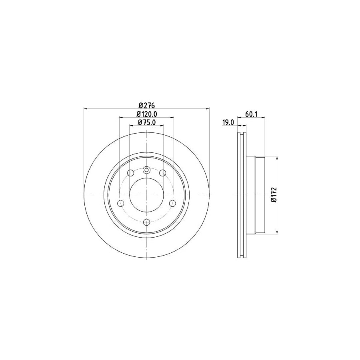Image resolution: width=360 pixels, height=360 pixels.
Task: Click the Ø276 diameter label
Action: (x=146, y=105)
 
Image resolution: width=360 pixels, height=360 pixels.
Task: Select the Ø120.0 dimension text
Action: (x=146, y=114)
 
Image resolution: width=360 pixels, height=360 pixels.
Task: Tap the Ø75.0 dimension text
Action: (x=146, y=123)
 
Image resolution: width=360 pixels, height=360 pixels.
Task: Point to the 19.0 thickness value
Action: (x=228, y=123)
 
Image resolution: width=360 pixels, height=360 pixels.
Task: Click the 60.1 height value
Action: (x=251, y=114)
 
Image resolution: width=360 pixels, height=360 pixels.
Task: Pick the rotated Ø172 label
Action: (x=274, y=195)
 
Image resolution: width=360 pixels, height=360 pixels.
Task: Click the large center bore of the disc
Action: (x=146, y=195)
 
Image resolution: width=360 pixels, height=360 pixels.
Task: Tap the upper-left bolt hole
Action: (x=130, y=173)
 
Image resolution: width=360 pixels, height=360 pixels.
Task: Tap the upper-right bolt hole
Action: (x=162, y=173)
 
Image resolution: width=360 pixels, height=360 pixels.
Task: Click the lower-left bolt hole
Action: (x=120, y=203)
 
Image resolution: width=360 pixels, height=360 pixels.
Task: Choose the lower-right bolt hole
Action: (x=172, y=203)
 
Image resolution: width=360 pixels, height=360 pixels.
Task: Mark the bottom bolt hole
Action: (x=146, y=222)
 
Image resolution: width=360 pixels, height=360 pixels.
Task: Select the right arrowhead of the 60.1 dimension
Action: (x=263, y=118)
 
